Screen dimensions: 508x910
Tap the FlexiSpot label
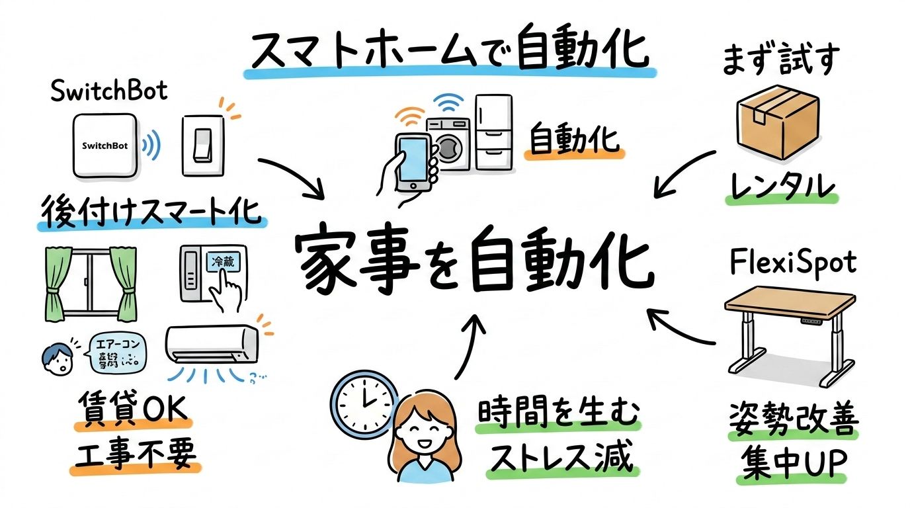[794, 263]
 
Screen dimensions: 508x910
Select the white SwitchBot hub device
[105, 146]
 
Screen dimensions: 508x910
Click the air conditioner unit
[212, 345]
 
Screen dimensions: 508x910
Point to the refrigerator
[492, 133]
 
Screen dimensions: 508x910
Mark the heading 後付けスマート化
[151, 212]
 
